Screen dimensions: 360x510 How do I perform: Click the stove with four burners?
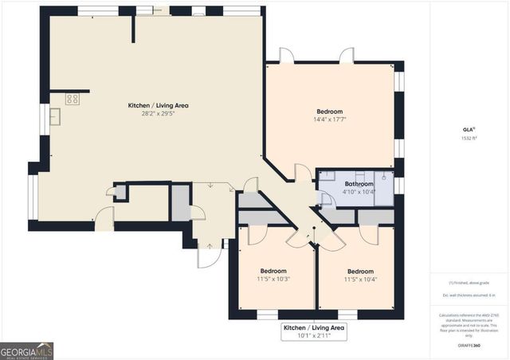72,99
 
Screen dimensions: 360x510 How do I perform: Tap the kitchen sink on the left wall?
56,117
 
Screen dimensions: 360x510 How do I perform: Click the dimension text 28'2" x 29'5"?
158,114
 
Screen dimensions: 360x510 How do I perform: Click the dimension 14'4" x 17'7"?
329,120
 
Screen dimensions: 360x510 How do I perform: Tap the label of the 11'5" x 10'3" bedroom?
273,271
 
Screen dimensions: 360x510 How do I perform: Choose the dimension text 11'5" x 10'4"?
360,280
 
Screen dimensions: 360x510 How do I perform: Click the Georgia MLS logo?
26,350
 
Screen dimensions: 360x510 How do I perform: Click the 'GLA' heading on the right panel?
468,128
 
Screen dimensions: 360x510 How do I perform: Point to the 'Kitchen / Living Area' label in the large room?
158,105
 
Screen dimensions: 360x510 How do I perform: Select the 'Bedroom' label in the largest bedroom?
329,112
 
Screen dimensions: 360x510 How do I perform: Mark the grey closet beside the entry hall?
180,202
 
